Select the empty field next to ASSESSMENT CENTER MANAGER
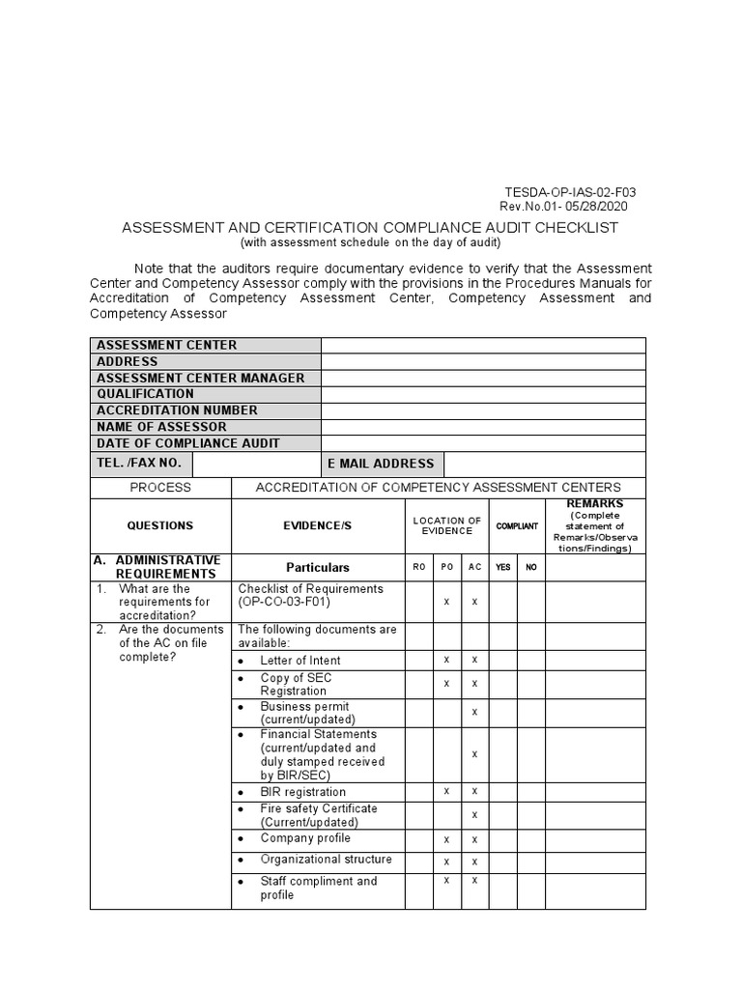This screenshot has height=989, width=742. (483, 378)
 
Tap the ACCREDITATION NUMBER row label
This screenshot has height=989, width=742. (177, 410)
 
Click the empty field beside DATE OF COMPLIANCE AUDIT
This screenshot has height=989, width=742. (483, 443)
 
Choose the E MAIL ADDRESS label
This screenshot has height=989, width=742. (381, 464)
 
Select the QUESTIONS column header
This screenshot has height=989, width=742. (160, 526)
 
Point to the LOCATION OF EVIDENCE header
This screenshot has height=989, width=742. (446, 526)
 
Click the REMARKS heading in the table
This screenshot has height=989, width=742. (594, 504)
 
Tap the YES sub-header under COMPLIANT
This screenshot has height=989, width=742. (502, 568)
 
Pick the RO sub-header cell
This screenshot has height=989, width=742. (418, 568)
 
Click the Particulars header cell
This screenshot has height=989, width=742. (318, 568)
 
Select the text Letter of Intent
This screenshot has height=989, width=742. (300, 661)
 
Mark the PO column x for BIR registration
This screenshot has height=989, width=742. (446, 792)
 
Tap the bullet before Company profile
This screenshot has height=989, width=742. (240, 839)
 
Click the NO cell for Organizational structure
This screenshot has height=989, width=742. (530, 861)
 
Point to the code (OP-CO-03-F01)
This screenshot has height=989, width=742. (284, 603)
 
